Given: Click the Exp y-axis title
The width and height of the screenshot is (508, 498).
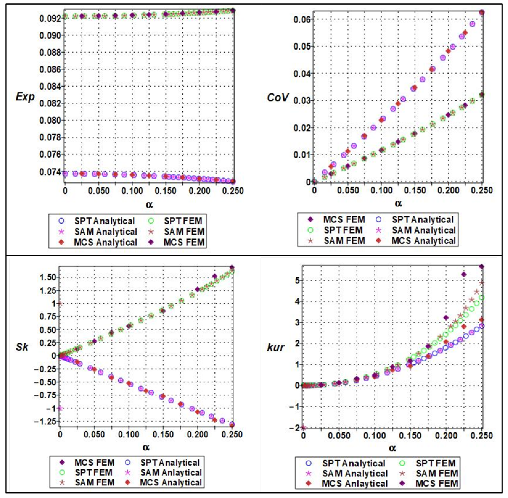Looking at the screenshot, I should (25, 97).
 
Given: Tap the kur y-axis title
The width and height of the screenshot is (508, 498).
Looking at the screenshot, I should (275, 348).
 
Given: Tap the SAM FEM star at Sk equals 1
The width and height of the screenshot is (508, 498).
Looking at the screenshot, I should (60, 303).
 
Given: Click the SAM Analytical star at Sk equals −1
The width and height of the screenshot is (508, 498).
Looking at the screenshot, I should (60, 408).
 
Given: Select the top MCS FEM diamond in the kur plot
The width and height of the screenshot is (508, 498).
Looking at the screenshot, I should (482, 266).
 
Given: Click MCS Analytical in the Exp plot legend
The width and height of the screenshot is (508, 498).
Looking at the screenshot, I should (105, 243).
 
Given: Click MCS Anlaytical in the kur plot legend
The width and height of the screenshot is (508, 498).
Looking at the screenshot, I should (355, 483).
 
